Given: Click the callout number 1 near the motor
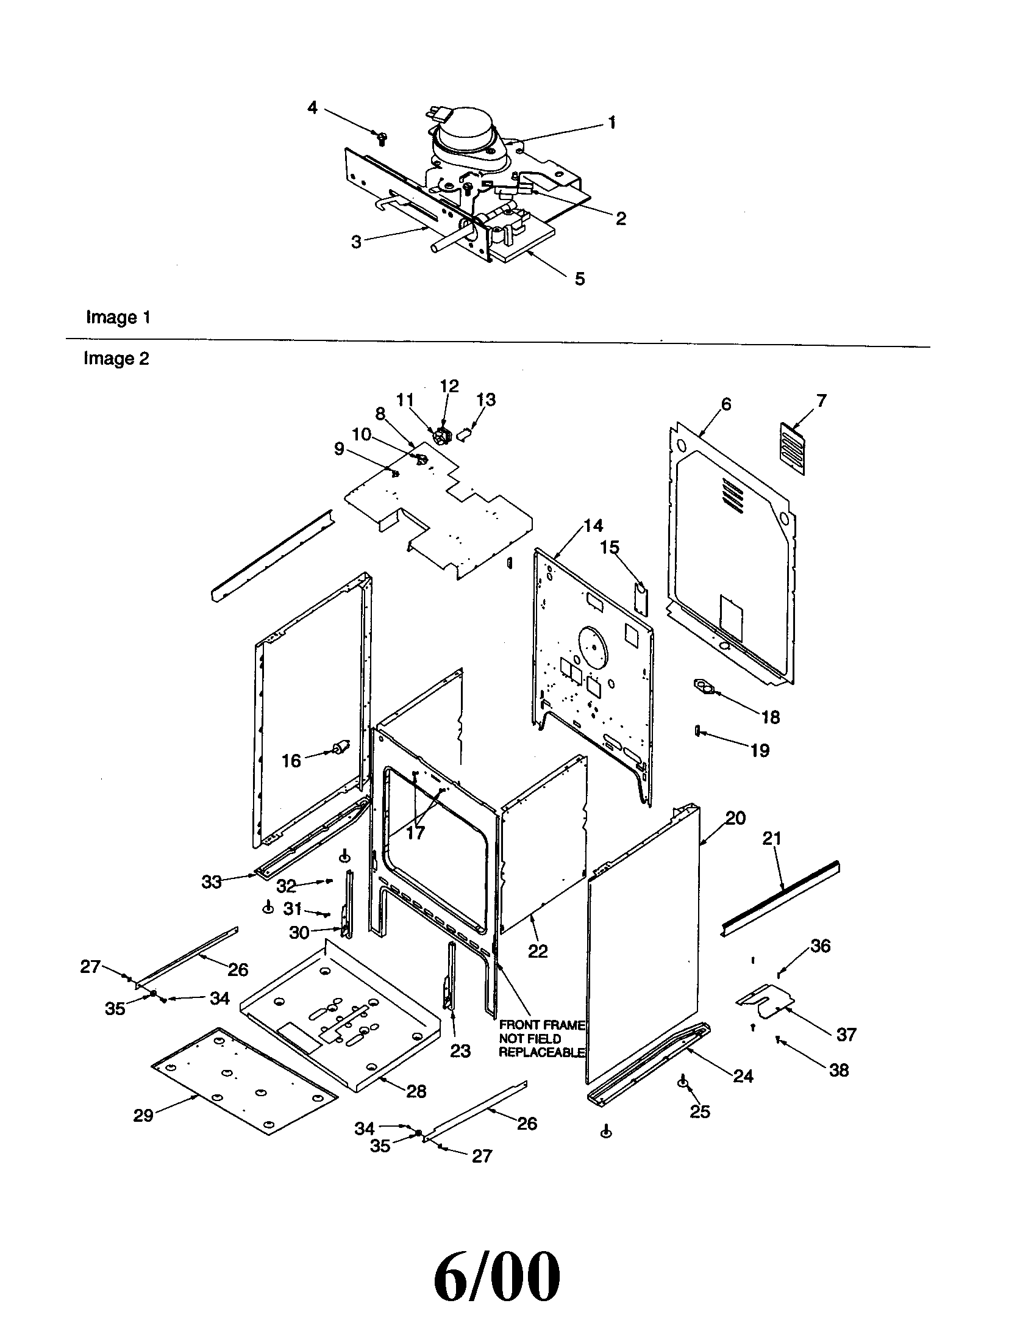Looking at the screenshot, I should tap(611, 123).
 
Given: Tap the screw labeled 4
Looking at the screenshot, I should tap(380, 137).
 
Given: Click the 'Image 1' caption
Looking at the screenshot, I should tap(118, 318).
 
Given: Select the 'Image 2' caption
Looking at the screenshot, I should tap(116, 358).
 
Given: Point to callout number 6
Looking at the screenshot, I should tap(726, 404).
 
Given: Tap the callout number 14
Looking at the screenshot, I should tap(593, 525).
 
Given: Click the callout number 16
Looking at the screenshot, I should tap(291, 761).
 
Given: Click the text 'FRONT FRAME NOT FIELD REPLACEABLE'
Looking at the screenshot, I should tap(541, 1038).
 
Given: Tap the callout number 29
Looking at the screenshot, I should tap(143, 1115).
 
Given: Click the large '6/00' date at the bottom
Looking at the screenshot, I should tap(497, 1273).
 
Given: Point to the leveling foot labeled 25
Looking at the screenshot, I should tap(682, 1083).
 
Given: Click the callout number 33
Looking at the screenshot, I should tap(211, 882).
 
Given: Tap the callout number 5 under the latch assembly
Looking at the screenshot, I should tap(580, 279).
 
